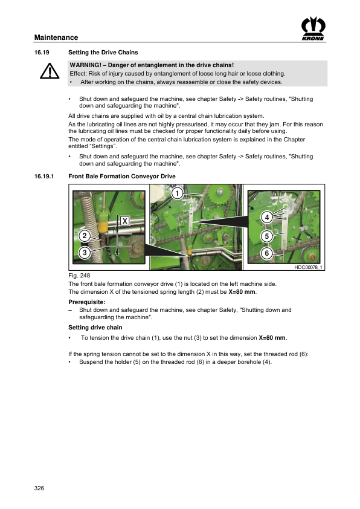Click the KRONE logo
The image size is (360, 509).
(313, 28)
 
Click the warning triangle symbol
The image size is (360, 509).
(50, 71)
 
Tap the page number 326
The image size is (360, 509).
(39, 488)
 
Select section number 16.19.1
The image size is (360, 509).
(44, 177)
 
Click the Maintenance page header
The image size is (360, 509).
(56, 37)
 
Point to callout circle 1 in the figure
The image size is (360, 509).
(177, 193)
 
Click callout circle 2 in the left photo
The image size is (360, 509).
(85, 236)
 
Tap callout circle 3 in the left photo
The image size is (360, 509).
(85, 253)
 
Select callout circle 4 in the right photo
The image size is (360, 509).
(267, 217)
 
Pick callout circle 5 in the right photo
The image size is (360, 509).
(267, 236)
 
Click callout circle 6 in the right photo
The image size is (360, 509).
(267, 253)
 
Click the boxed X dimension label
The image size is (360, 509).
(125, 221)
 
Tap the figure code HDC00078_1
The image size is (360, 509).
(308, 267)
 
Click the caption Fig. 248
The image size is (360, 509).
(79, 276)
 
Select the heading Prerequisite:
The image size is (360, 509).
(87, 302)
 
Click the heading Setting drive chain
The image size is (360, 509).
(95, 327)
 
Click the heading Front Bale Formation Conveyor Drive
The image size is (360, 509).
(122, 177)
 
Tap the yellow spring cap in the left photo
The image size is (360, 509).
(102, 227)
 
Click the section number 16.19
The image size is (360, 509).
(42, 52)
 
